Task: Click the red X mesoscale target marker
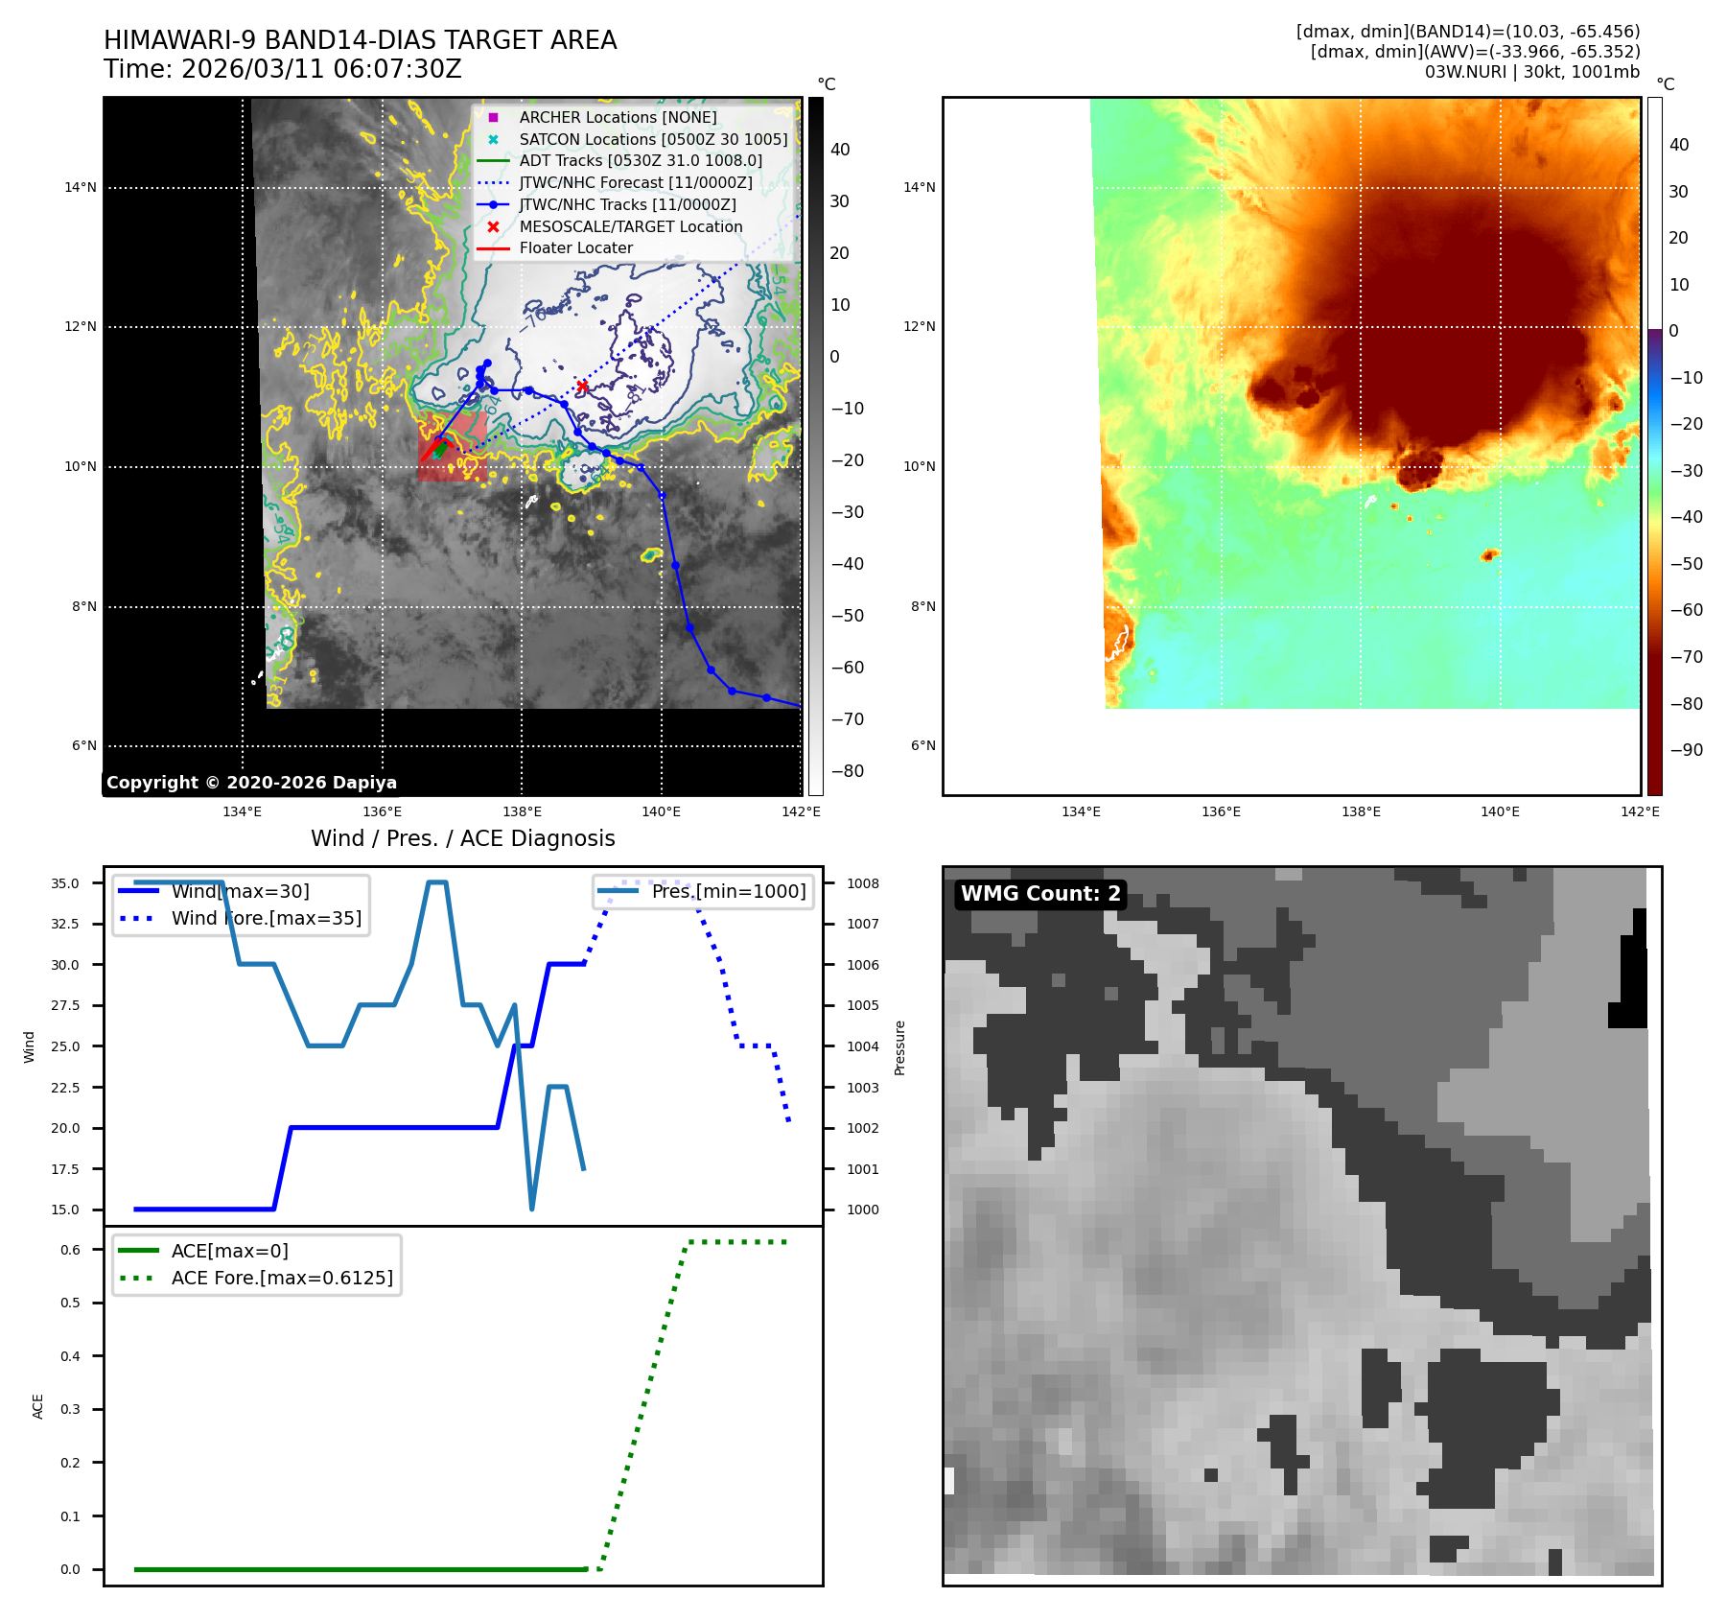(x=582, y=387)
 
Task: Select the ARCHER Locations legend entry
(x=618, y=117)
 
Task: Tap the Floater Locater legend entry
(x=575, y=247)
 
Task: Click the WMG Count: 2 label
(x=1040, y=894)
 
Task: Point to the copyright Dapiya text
(x=251, y=783)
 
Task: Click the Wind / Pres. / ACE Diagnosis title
(x=462, y=838)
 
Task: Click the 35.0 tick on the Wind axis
(x=65, y=883)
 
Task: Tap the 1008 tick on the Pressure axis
(x=862, y=883)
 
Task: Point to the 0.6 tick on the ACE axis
(x=71, y=1250)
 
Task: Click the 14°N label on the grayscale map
(x=81, y=187)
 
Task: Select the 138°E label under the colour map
(x=1361, y=811)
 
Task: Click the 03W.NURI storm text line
(x=1531, y=72)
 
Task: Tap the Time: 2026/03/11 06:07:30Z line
(x=283, y=69)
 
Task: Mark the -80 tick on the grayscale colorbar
(x=847, y=771)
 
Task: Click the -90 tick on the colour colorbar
(x=1686, y=750)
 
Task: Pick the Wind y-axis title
(x=29, y=1046)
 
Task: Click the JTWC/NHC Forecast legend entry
(x=635, y=182)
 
